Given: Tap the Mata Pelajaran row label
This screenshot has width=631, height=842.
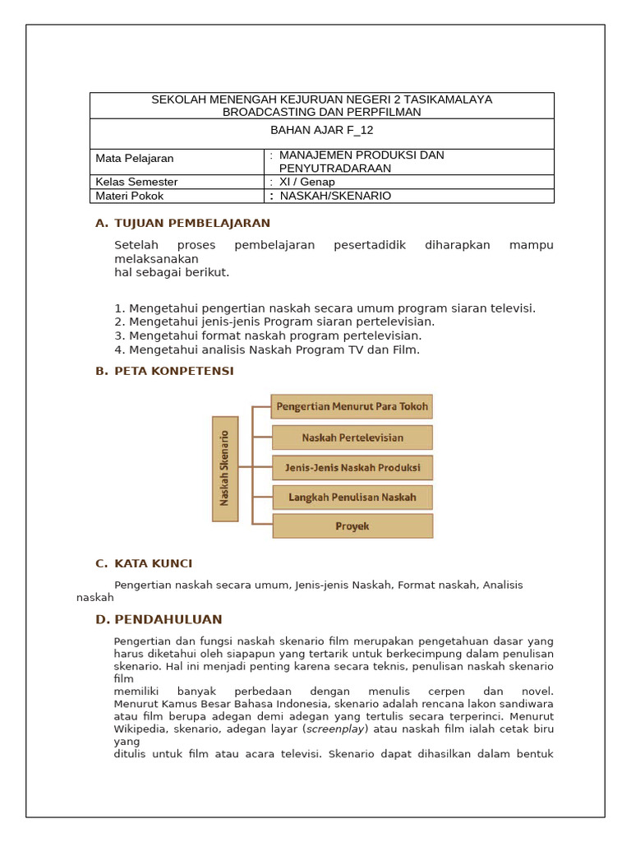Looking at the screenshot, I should coord(135,159).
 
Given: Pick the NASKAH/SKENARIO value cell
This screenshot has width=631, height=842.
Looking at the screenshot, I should coord(335,196).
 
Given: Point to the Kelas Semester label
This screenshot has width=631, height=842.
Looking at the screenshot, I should coord(136,182).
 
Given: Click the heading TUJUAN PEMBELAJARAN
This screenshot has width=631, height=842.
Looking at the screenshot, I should coord(192,223).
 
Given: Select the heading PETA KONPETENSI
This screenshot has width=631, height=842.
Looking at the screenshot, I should coord(174,371).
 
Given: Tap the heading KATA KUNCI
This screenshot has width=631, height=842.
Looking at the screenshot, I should coord(154,563).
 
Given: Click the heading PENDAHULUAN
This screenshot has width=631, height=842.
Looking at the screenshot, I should coord(168,619).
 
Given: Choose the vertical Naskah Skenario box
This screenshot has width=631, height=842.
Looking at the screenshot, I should coord(225,469).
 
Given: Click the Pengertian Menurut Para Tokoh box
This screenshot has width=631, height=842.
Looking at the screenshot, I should coord(352,406).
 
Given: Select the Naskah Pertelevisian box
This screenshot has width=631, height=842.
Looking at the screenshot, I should coord(352,437).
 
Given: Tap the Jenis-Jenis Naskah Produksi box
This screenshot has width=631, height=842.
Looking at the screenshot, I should coord(352,468).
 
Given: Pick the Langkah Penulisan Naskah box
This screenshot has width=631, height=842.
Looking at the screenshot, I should coord(352,497).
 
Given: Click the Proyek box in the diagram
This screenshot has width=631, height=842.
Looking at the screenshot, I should coord(352,526).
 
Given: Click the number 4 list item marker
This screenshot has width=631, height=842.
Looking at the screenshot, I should coord(119,349).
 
